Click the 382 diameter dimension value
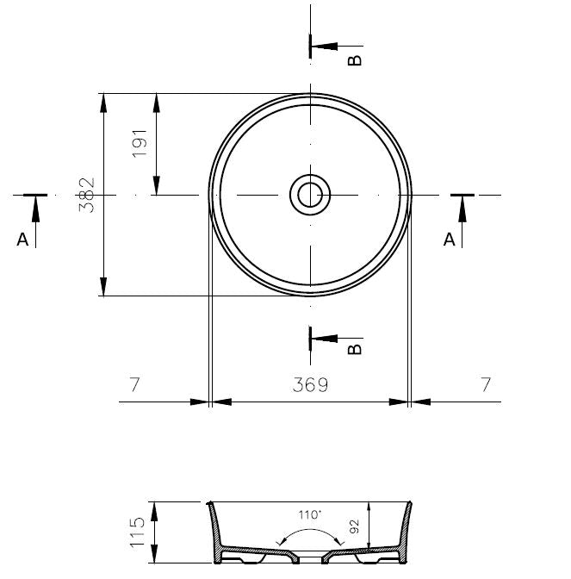(87, 195)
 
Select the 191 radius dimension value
(140, 144)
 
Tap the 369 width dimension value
(310, 385)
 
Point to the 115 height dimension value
(137, 532)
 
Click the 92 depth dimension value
(354, 526)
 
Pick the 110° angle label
(310, 514)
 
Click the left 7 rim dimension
(134, 384)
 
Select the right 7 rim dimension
(486, 384)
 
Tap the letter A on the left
(22, 240)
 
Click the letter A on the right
(450, 240)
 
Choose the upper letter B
(355, 60)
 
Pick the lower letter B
(355, 349)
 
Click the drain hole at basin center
(310, 195)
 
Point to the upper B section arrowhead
(325, 47)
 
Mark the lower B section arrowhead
(325, 339)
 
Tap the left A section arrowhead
(35, 209)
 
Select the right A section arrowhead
(462, 209)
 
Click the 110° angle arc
(310, 529)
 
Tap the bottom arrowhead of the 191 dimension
(157, 185)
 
